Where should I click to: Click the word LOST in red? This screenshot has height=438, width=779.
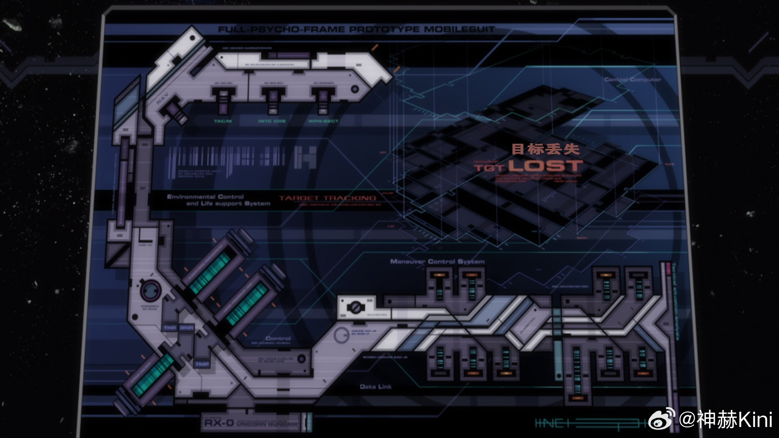(x=546, y=166)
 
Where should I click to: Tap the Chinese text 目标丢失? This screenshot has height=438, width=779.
(x=546, y=149)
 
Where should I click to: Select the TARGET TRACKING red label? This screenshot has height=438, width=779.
(x=327, y=198)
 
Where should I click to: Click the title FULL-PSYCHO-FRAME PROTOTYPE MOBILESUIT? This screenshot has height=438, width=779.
(x=356, y=30)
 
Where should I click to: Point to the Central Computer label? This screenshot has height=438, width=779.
(x=633, y=79)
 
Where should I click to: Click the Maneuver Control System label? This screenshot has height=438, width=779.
(x=437, y=262)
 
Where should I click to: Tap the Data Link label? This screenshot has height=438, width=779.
(x=375, y=387)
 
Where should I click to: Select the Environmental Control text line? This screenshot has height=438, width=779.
(x=205, y=197)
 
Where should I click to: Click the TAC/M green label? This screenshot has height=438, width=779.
(x=223, y=121)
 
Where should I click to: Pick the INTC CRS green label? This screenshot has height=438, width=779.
(x=272, y=121)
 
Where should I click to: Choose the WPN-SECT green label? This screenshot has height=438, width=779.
(x=323, y=121)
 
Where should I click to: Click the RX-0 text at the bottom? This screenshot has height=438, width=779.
(x=219, y=423)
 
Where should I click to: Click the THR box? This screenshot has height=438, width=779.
(x=170, y=328)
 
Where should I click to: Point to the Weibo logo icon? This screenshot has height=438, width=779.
(x=661, y=419)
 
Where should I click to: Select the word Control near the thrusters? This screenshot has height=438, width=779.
(x=278, y=338)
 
